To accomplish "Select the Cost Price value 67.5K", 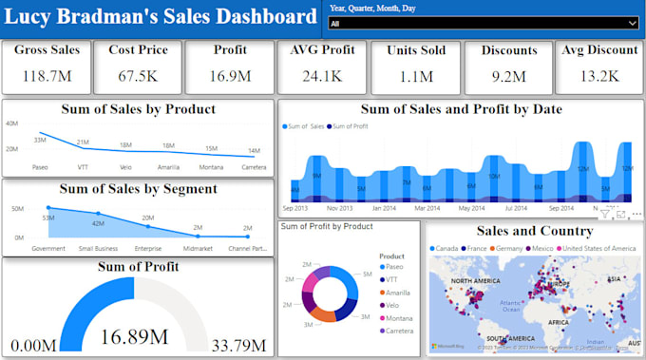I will (136, 75).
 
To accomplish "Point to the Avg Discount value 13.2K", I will (599, 76).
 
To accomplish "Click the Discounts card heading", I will (509, 51).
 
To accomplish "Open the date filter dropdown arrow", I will (633, 24).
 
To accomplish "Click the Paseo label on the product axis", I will (41, 167).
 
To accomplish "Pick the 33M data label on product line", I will (41, 140).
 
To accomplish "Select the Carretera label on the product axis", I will (254, 167).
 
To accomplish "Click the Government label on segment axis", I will (48, 249).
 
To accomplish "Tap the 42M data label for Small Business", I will (98, 223).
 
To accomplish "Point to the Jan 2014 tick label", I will (385, 207).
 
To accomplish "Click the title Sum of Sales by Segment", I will (138, 189).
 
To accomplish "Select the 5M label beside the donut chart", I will (366, 275).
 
